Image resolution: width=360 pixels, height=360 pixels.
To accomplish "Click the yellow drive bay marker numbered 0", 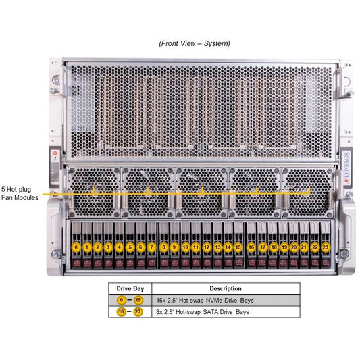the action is point(76,247).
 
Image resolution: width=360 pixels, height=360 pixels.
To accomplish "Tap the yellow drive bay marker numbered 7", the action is point(151,247).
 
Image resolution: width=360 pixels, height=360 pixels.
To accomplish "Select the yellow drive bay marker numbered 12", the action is point(207,247).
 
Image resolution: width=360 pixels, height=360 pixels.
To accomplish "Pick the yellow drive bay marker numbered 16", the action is point(251,247).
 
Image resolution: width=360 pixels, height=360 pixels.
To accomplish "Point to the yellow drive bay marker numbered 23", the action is point(326,247).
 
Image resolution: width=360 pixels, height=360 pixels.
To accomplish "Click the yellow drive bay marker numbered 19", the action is point(284,247).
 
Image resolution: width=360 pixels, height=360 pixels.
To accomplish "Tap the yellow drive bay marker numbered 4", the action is point(119,247).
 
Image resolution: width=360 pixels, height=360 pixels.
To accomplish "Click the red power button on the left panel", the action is point(55,153).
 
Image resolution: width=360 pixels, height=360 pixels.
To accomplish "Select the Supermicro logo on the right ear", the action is point(346,168).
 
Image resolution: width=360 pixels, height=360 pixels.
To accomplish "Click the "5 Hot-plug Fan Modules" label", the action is point(20,193).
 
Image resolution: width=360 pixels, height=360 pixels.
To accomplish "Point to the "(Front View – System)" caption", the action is point(195,43).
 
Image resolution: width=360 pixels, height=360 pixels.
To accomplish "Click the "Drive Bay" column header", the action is point(130,288).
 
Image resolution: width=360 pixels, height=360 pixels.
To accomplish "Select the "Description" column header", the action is point(226,288).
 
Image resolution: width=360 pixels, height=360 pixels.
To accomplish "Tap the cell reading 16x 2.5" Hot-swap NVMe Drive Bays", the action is point(205,301).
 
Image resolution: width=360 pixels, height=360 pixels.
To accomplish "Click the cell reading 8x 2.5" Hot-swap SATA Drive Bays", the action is point(203,312).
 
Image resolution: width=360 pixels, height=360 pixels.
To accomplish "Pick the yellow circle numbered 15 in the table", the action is point(138,300).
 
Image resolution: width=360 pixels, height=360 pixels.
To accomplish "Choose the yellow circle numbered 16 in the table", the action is point(121,312).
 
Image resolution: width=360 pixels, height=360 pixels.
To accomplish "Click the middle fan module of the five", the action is point(202,192).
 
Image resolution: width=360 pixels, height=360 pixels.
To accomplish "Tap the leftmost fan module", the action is point(95,192).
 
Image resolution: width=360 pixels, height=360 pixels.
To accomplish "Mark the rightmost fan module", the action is point(308,192).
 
